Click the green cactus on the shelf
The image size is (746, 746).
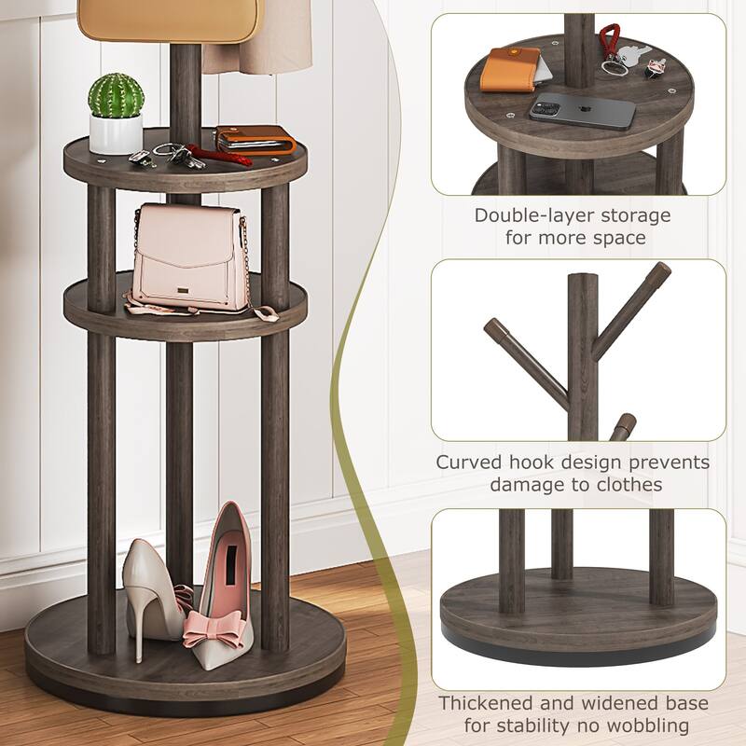(117, 94)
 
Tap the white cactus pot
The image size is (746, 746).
(116, 132)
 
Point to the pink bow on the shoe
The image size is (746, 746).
(215, 627)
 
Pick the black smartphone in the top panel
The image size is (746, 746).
(583, 112)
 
